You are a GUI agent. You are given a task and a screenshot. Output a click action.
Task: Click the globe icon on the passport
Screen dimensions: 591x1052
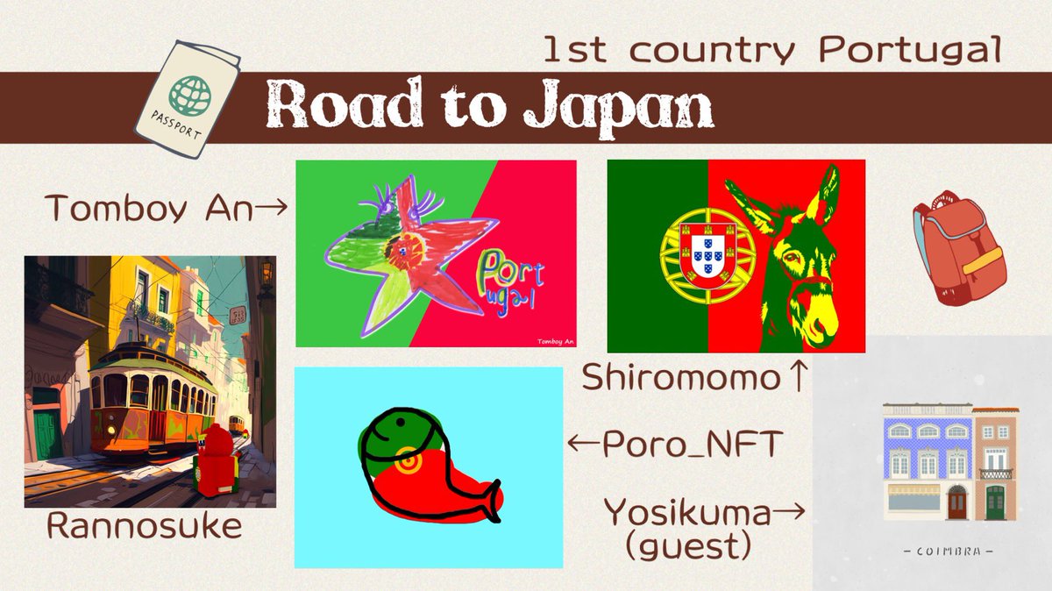pos(190,91)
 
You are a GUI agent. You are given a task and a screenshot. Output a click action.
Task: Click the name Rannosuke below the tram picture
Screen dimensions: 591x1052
pos(144,527)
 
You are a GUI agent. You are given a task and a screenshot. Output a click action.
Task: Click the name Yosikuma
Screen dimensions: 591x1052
pos(687,512)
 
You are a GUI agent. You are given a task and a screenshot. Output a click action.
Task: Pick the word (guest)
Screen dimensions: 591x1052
pos(688,547)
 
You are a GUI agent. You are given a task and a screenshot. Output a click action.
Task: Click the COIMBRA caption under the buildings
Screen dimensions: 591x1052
pos(948,552)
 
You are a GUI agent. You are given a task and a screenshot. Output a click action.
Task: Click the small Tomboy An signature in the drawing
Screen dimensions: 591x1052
pos(549,339)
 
